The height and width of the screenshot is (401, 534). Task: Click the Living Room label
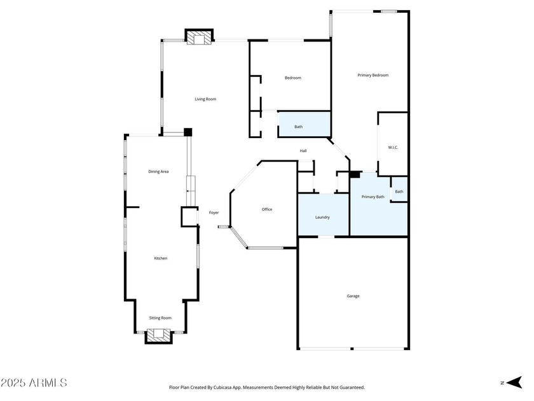point(205,99)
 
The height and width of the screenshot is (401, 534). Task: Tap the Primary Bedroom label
point(373,75)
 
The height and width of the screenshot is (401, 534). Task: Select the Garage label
point(353,296)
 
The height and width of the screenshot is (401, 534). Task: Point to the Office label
point(267,209)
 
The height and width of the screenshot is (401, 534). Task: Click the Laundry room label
point(322,217)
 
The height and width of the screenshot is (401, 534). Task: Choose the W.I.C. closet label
point(393,148)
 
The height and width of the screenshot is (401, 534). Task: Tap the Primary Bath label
point(373,197)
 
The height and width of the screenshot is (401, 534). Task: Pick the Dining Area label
point(158,171)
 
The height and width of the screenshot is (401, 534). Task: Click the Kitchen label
point(161,258)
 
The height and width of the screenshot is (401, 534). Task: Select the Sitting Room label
point(160,318)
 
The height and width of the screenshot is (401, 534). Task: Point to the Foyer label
point(214,213)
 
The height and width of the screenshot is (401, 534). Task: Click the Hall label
point(303,151)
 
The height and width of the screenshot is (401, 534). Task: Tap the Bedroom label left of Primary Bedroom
point(293,78)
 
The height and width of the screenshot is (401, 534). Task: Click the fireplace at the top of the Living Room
point(199,37)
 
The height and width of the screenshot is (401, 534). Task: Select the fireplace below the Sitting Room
point(159,336)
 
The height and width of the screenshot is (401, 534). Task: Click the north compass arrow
point(514,383)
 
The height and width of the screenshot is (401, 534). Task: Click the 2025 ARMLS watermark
point(33,383)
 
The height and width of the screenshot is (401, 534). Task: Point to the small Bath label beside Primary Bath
point(399,192)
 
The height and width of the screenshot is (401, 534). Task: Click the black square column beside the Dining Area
point(188,132)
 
